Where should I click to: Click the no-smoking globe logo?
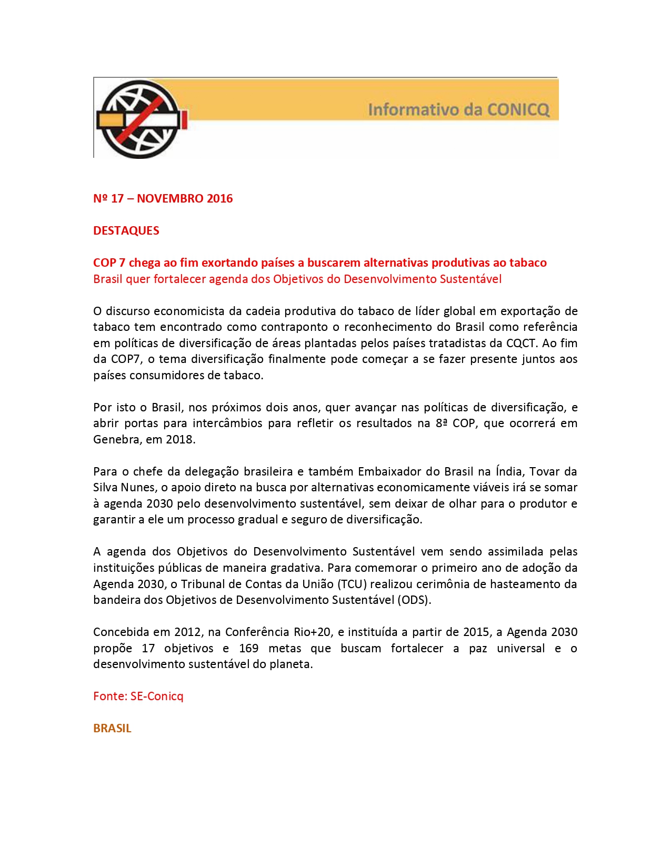[141, 119]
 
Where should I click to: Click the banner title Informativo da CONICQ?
[458, 109]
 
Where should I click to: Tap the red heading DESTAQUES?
[126, 231]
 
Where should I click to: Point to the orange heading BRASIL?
[112, 729]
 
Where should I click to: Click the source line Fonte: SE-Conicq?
[138, 697]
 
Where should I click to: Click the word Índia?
[509, 471]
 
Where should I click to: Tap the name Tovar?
[544, 471]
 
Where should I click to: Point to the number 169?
[248, 649]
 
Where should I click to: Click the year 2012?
[187, 632]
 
